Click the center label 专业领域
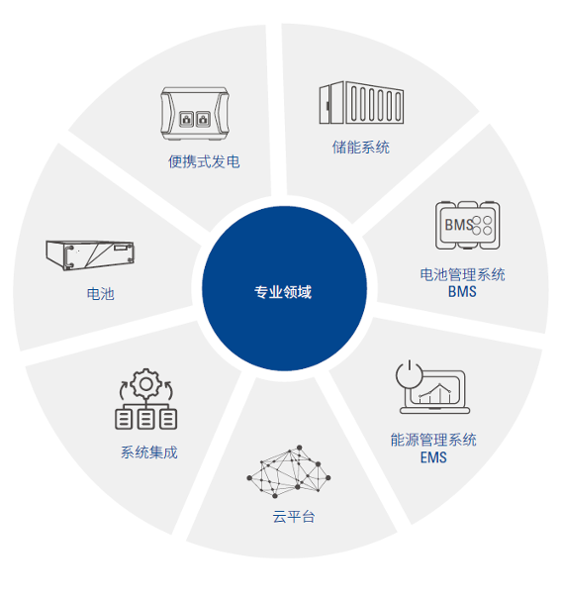tap(283, 292)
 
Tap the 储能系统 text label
tap(360, 148)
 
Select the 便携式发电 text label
tap(204, 161)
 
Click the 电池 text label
tap(101, 294)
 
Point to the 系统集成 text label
tap(149, 452)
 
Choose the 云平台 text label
tap(294, 517)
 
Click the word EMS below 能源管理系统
tap(433, 457)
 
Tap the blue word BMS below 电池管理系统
tap(462, 292)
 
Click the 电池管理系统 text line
tap(462, 275)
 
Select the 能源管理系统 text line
tap(433, 440)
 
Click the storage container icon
tap(361, 103)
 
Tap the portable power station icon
tap(195, 113)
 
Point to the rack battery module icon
tap(90, 254)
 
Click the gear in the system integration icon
tap(145, 383)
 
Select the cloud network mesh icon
tap(289, 472)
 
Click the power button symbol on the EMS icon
tap(410, 374)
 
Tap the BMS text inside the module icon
tap(459, 225)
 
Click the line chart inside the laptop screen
tap(435, 392)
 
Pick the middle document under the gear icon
tap(145, 419)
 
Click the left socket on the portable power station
tap(186, 119)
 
